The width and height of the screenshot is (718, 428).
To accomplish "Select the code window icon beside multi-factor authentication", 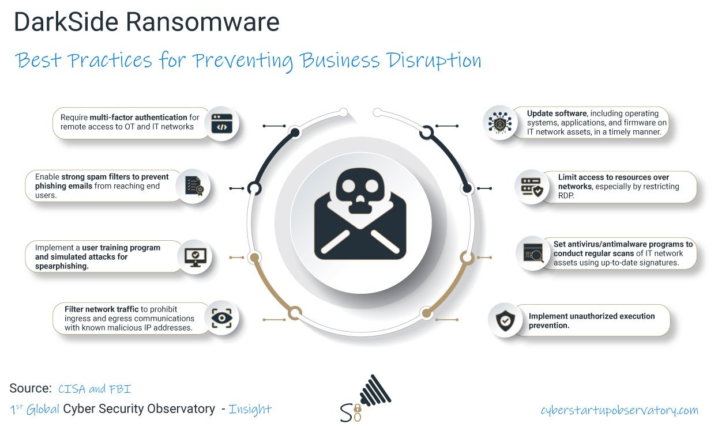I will (x=221, y=123).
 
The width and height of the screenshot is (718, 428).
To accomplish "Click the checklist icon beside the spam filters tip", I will (x=193, y=185).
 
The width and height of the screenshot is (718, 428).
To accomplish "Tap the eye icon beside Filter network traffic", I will (x=221, y=318).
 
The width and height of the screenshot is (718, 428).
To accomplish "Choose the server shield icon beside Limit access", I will (x=532, y=187).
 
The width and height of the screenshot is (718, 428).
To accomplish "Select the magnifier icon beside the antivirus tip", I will (x=533, y=253).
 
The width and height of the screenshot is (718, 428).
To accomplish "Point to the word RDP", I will (x=567, y=195).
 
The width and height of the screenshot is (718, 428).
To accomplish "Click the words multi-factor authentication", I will (x=138, y=118).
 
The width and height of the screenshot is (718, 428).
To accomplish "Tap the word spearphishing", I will (x=62, y=266).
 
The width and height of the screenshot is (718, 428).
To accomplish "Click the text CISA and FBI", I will (x=95, y=389).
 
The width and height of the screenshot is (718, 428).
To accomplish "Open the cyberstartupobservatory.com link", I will (x=619, y=410).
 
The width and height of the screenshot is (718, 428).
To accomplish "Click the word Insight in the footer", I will (x=250, y=409).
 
